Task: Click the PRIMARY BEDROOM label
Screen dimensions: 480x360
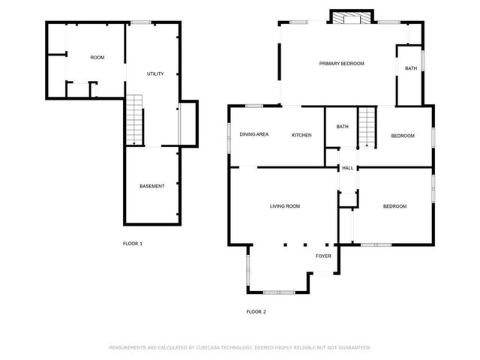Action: tap(342, 64)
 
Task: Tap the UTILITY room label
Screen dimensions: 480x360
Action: tap(155, 73)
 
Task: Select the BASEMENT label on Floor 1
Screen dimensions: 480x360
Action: tap(151, 186)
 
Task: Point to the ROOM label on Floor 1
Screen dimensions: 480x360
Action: tap(97, 58)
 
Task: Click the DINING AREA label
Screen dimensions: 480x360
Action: tap(254, 134)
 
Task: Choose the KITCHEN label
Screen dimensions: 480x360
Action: tap(301, 135)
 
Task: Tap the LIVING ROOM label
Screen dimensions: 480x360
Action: tap(285, 206)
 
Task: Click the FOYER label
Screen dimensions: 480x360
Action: tap(323, 256)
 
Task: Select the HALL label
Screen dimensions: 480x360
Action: tap(347, 168)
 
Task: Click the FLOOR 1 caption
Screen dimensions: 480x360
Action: tap(133, 244)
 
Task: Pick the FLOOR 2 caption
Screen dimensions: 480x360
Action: tap(256, 312)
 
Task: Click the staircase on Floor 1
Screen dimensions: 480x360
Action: tap(134, 120)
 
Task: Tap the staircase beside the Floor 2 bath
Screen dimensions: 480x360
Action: tap(367, 127)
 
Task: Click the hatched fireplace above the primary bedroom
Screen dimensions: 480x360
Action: tap(352, 18)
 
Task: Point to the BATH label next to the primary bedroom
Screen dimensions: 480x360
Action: tap(411, 68)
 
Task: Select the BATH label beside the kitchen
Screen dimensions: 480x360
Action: tap(342, 127)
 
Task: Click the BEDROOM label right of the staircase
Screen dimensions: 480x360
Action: tap(403, 136)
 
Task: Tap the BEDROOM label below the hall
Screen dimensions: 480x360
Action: tap(395, 206)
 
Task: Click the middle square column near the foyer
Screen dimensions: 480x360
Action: tap(305, 244)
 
